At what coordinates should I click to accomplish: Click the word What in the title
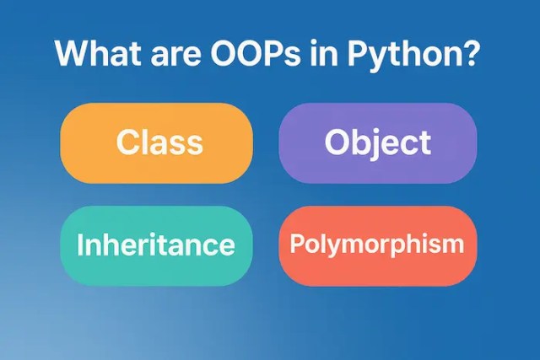point(94,54)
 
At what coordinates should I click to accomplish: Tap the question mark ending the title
point(472,54)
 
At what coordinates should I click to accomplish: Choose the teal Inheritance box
point(157,245)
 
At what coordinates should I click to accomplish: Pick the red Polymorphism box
point(377,245)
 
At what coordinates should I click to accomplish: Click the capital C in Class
point(127,142)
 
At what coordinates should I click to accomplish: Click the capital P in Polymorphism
point(296,244)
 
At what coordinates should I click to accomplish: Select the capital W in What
point(70,54)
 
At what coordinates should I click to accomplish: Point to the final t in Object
point(424,142)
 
